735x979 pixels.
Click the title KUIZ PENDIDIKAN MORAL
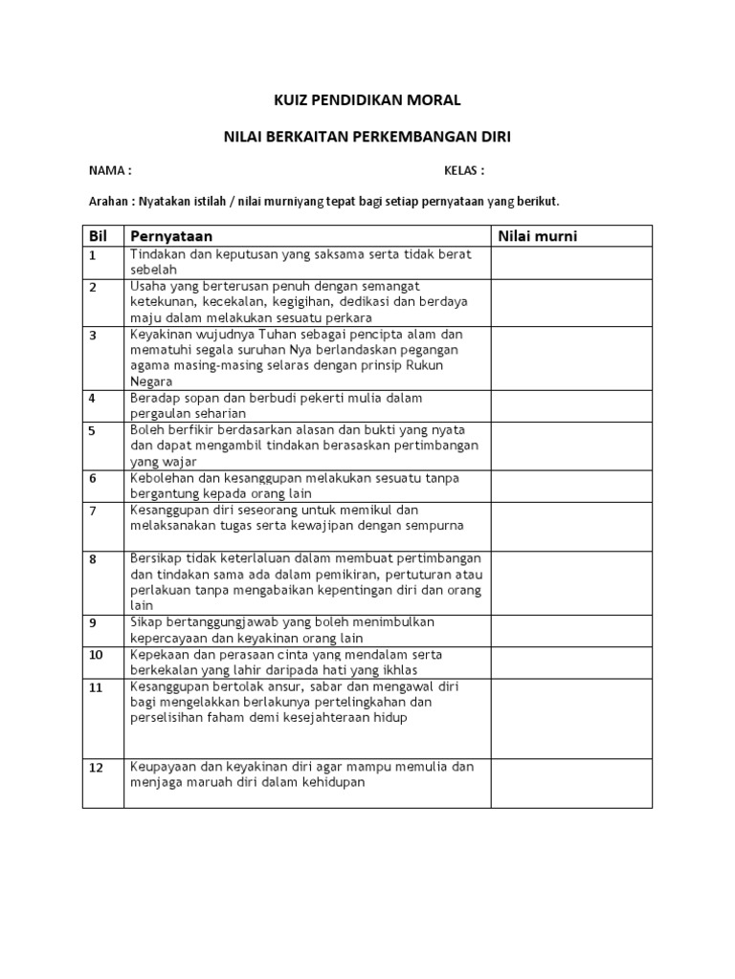367,99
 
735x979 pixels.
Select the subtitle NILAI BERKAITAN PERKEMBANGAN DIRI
367,138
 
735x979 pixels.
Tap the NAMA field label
109,171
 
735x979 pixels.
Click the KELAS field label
464,171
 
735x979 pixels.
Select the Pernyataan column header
171,236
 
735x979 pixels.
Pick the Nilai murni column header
537,236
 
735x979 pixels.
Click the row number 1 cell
94,255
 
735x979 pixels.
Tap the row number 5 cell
94,430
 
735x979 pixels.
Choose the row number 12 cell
96,768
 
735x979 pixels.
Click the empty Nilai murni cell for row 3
571,358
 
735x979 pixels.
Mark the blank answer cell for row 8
571,581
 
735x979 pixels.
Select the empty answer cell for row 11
571,719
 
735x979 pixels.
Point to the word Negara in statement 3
152,381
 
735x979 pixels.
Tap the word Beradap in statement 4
155,398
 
